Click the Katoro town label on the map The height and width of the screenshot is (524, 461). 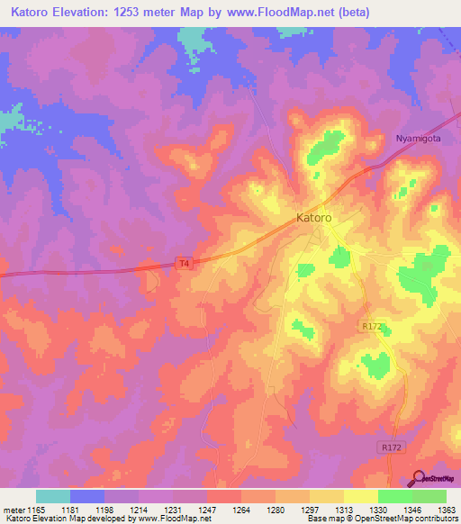pos(314,218)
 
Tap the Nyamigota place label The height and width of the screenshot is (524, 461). pos(421,138)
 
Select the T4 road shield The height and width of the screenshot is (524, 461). pos(184,263)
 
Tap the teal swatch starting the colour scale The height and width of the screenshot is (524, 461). pos(53,496)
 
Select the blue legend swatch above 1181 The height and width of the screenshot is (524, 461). pos(87,496)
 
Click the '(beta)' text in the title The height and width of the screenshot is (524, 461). pos(349,13)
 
